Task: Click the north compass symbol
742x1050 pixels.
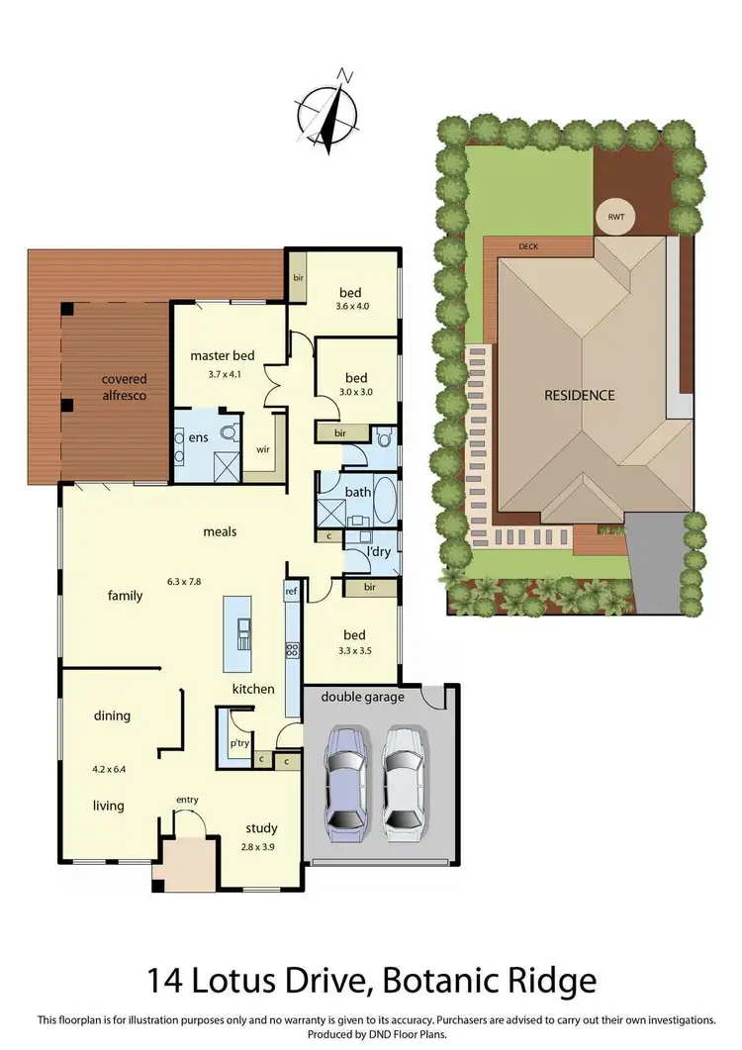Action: (329, 110)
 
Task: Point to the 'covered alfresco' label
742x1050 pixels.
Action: (124, 387)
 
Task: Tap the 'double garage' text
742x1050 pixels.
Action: (362, 697)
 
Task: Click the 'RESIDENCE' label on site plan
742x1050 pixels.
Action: (580, 395)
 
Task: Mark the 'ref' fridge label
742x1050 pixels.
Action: (291, 592)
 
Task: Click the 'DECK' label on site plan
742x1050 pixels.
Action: (528, 246)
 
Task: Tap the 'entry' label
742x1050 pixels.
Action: (187, 800)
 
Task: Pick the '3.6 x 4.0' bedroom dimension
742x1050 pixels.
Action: (350, 307)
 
